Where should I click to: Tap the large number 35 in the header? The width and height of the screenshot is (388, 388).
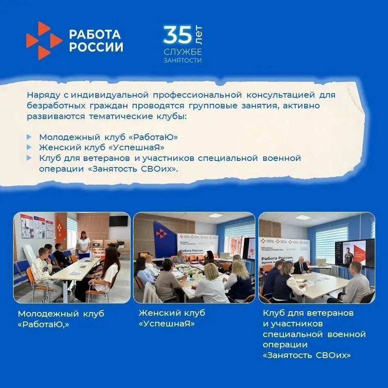[x=178, y=34]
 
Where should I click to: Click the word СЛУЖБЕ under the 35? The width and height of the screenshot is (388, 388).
[x=183, y=52]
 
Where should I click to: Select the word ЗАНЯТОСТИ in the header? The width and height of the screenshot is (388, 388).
[x=183, y=60]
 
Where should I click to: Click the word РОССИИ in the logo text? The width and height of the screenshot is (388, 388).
[x=96, y=47]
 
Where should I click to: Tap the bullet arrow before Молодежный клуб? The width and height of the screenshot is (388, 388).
[x=29, y=137]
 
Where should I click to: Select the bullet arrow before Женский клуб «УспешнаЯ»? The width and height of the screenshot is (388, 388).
[x=29, y=147]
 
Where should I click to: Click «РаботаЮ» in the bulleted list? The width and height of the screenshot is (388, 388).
[x=154, y=137]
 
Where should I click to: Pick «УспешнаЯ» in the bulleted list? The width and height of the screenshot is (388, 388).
[x=137, y=147]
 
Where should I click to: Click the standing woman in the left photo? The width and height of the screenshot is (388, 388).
[x=83, y=245]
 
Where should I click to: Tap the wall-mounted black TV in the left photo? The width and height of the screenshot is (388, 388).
[x=119, y=221]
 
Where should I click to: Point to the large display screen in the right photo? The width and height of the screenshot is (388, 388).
[x=355, y=253]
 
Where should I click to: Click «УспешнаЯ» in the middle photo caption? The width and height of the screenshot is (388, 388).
[x=167, y=324]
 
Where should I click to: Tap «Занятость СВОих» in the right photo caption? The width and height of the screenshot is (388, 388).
[x=307, y=356]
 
